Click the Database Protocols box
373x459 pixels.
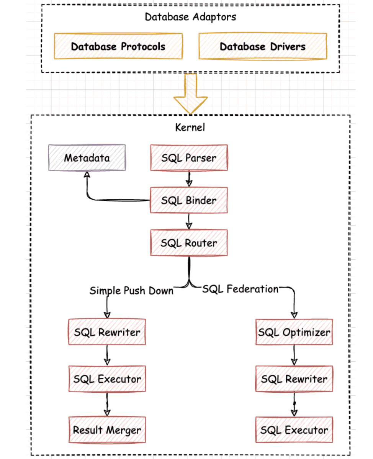(118, 46)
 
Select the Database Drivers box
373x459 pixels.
(263, 46)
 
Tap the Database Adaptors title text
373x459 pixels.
(190, 17)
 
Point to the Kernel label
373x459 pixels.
(190, 127)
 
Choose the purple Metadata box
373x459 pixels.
(87, 157)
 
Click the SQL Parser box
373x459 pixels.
(189, 157)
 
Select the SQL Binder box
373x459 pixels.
(189, 200)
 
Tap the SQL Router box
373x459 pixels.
(189, 243)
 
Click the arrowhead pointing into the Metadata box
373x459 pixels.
(87, 175)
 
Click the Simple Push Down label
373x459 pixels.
(131, 290)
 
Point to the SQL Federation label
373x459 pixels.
(240, 289)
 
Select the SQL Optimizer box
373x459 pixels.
(294, 332)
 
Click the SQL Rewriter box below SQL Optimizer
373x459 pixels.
(294, 379)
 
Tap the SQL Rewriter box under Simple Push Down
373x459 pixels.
(107, 332)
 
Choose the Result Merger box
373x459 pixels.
(107, 429)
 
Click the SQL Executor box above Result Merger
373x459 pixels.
(107, 379)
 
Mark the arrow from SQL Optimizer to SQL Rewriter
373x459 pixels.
(294, 356)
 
